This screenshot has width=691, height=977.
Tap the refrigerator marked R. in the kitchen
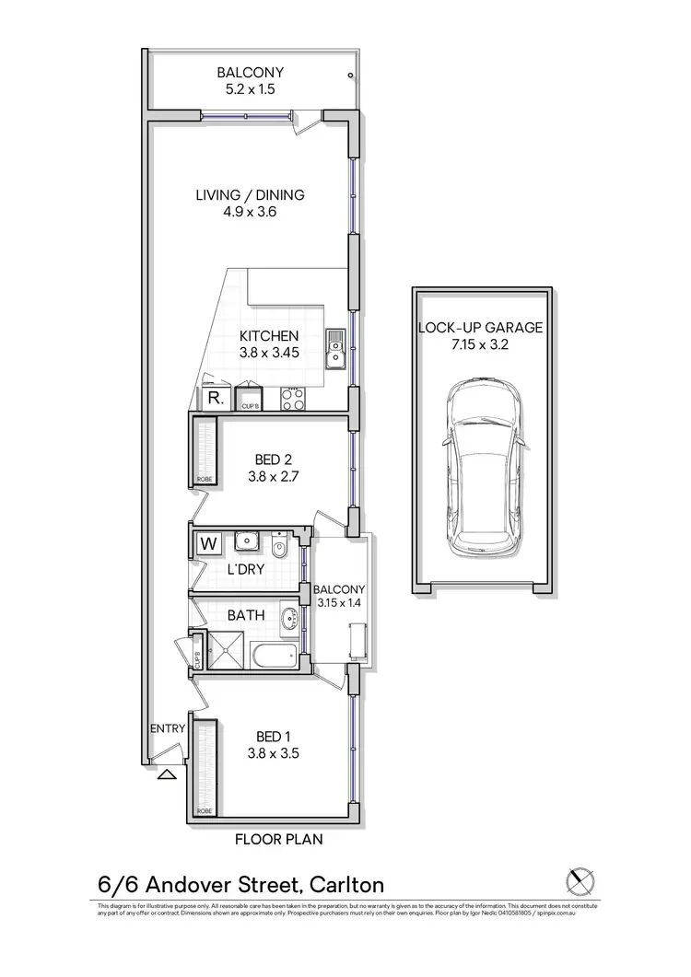[x=215, y=399]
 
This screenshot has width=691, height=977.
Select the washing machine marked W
[x=209, y=543]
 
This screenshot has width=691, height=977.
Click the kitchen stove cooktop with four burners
[x=293, y=398]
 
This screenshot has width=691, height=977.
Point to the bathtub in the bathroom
[x=275, y=658]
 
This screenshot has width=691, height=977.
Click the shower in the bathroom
[x=226, y=650]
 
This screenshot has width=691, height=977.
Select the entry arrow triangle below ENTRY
[x=166, y=775]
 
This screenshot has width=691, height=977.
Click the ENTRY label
[x=168, y=729]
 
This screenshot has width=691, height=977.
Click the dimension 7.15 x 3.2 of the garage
[x=481, y=346]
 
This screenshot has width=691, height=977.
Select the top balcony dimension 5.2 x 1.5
[x=250, y=90]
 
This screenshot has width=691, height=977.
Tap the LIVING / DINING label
[x=250, y=195]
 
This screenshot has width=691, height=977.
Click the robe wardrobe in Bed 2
[x=205, y=451]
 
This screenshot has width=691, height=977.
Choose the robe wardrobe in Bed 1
[x=205, y=767]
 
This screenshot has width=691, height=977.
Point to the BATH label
[x=246, y=615]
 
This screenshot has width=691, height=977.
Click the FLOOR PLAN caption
[x=278, y=840]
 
